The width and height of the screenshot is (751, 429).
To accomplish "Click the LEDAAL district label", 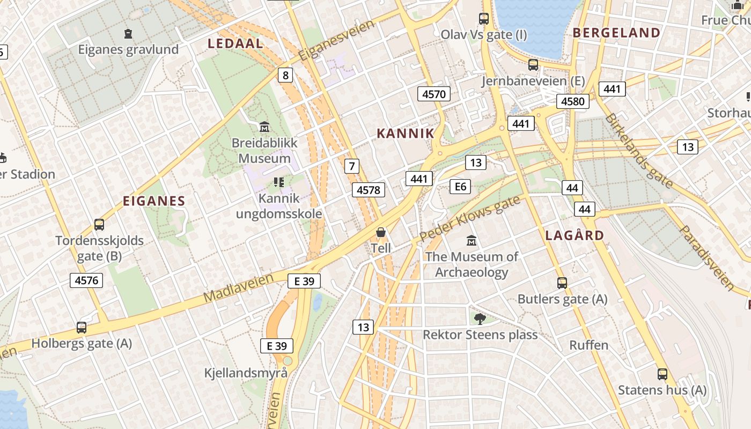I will (235, 43).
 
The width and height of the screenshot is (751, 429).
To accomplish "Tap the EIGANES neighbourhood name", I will (154, 201).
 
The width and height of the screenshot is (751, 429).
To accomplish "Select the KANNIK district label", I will (406, 134).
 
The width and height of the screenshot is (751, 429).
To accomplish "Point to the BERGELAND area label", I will (616, 33).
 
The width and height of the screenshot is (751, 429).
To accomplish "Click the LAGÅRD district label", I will (575, 235).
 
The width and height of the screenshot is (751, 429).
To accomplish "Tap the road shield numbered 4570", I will (434, 94).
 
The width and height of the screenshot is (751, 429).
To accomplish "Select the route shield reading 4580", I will (572, 101).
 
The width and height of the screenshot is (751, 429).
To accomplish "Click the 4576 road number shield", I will (86, 280).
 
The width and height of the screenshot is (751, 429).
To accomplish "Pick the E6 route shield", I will (460, 187).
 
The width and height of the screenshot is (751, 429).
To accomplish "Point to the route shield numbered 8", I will (285, 75).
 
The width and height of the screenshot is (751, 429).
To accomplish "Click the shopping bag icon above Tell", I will (381, 233).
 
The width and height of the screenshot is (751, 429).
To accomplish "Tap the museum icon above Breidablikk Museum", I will (264, 127).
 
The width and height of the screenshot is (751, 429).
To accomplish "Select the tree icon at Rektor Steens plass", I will (480, 319).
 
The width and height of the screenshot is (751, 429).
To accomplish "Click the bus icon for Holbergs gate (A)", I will (82, 327).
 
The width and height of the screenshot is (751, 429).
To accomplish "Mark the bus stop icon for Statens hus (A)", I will (662, 374).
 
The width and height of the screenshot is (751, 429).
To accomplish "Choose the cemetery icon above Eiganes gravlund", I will (128, 34).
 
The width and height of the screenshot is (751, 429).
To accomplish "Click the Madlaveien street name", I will (239, 287).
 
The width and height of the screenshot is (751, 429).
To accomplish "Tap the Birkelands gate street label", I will (638, 150).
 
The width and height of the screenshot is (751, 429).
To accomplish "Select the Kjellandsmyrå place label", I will (246, 373).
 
